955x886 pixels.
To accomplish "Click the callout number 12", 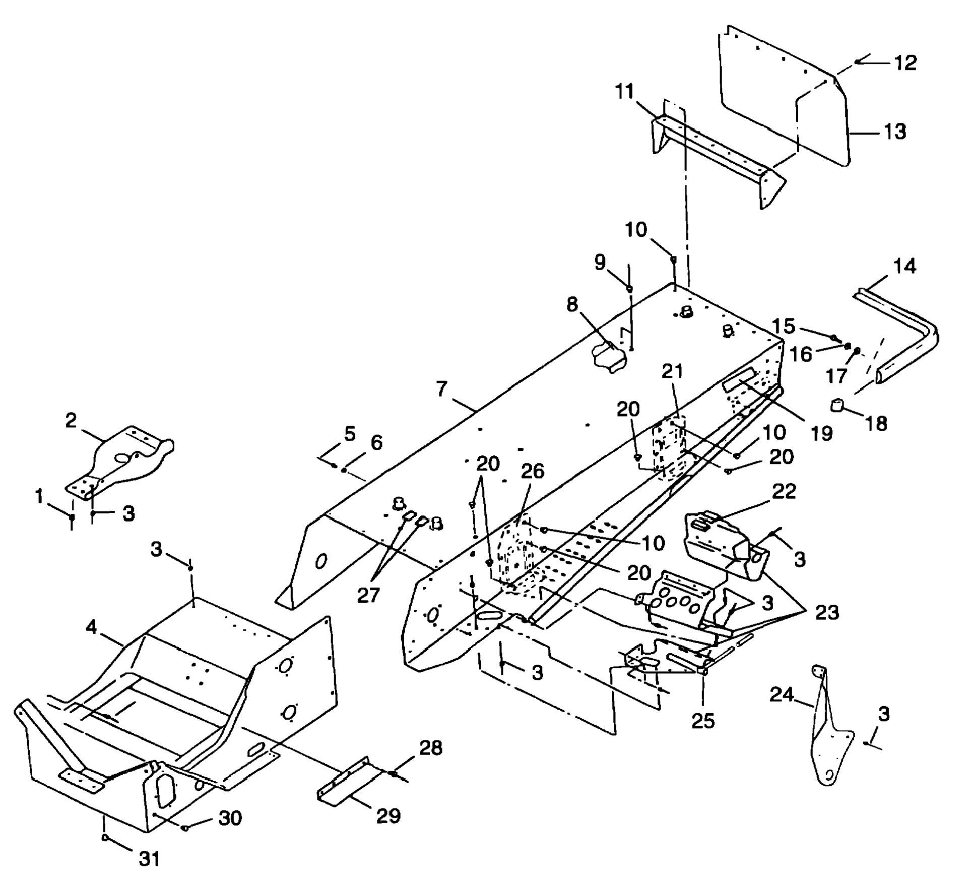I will [905, 63].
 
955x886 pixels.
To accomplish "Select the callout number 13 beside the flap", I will [895, 132].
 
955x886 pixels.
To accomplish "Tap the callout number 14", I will [905, 266].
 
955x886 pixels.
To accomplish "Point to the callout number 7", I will [441, 389].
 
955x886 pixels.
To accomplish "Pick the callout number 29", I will [388, 815].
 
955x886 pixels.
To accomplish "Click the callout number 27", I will [368, 595].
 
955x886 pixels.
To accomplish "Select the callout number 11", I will [625, 92].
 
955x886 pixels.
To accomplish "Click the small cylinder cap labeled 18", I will [837, 404].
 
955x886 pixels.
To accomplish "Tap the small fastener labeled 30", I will [185, 828].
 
